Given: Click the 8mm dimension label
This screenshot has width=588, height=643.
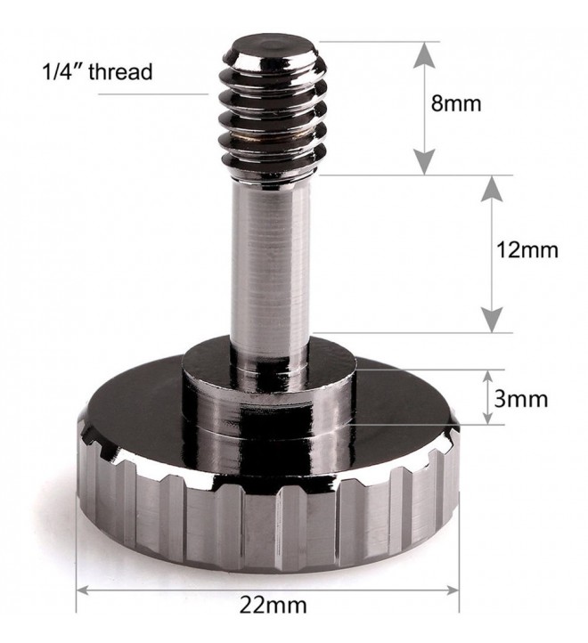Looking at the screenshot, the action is (x=456, y=103).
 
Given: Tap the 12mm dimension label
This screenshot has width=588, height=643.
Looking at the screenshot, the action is (x=527, y=249).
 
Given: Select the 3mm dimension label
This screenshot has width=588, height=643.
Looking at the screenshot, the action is (x=520, y=399).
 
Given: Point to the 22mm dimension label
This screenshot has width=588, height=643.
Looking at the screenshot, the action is (x=273, y=606).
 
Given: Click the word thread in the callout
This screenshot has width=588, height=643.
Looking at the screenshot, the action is (x=120, y=71).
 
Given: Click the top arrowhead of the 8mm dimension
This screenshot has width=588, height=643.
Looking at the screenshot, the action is (x=424, y=54).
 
